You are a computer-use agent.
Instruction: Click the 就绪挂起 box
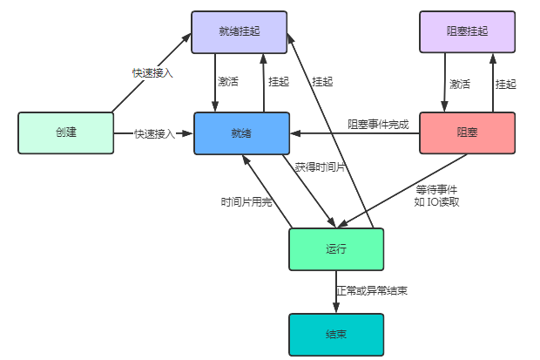(x=239, y=32)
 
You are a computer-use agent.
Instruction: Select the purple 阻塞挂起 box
(x=467, y=32)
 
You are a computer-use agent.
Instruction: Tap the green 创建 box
(x=65, y=133)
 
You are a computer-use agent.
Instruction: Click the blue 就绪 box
(x=240, y=133)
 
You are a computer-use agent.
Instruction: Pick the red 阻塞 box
(x=467, y=133)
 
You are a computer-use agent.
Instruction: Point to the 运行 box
(x=336, y=249)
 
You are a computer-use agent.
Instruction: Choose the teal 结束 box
(x=336, y=335)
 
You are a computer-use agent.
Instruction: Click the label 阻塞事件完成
(x=378, y=125)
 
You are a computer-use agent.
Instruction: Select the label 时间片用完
(x=246, y=201)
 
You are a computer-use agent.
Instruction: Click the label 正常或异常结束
(x=372, y=289)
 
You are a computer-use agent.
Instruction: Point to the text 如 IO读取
(x=436, y=201)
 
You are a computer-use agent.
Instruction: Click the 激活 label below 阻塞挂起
(x=459, y=85)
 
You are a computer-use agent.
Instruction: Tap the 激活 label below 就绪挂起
(x=228, y=83)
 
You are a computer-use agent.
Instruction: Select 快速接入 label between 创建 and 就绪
(x=154, y=134)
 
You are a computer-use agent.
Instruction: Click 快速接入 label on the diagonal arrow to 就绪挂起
(x=152, y=73)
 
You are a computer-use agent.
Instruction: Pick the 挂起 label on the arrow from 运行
(x=322, y=82)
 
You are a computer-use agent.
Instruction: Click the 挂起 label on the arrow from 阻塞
(x=505, y=85)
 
